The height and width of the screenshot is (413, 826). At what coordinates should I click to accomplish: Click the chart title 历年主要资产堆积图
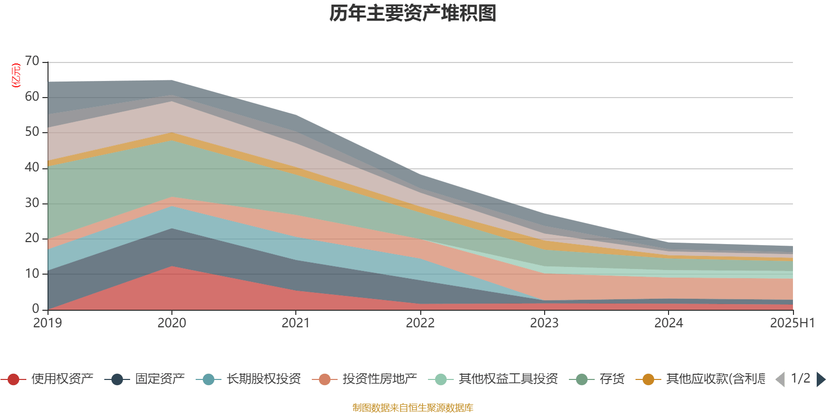[413, 13]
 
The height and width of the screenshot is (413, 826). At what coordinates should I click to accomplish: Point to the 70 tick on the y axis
[32, 61]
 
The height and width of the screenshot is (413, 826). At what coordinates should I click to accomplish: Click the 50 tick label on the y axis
[32, 132]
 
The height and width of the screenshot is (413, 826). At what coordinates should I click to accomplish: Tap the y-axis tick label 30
[32, 203]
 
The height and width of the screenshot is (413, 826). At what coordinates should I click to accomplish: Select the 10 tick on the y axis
[32, 274]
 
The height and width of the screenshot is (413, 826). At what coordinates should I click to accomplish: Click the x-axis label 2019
[47, 323]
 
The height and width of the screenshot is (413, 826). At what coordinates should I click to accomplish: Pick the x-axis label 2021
[295, 323]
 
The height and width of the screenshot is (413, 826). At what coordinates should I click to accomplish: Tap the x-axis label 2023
[544, 323]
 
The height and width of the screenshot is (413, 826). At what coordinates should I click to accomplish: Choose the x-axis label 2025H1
[791, 323]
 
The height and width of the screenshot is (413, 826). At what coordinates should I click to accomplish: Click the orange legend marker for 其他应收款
[648, 379]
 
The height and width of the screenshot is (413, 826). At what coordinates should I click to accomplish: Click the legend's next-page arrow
[820, 379]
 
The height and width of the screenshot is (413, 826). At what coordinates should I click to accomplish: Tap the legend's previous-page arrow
[780, 379]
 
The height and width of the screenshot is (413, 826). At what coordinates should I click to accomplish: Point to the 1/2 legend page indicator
[800, 378]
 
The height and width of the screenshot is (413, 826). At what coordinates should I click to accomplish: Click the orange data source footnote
[412, 408]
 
